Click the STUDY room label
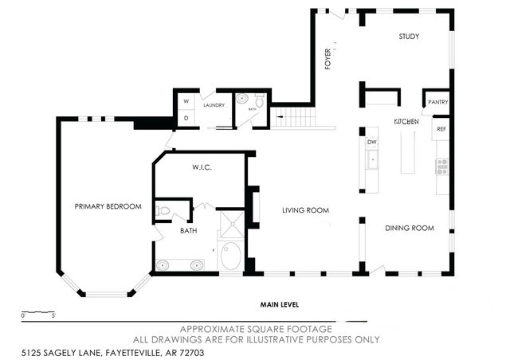tap(408, 37)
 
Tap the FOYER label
tap(328, 59)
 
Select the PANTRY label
tap(437, 102)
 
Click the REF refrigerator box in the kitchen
tap(441, 127)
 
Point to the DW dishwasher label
tap(371, 143)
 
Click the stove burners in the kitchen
tap(441, 166)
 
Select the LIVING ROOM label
tap(306, 210)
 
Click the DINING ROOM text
tap(409, 228)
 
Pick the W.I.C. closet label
tap(200, 168)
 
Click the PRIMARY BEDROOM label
tap(108, 206)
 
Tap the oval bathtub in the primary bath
tap(231, 256)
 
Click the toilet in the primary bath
tap(163, 212)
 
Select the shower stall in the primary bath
tap(232, 223)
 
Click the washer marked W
tap(186, 102)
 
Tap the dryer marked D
tap(186, 118)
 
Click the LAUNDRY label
tap(214, 105)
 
